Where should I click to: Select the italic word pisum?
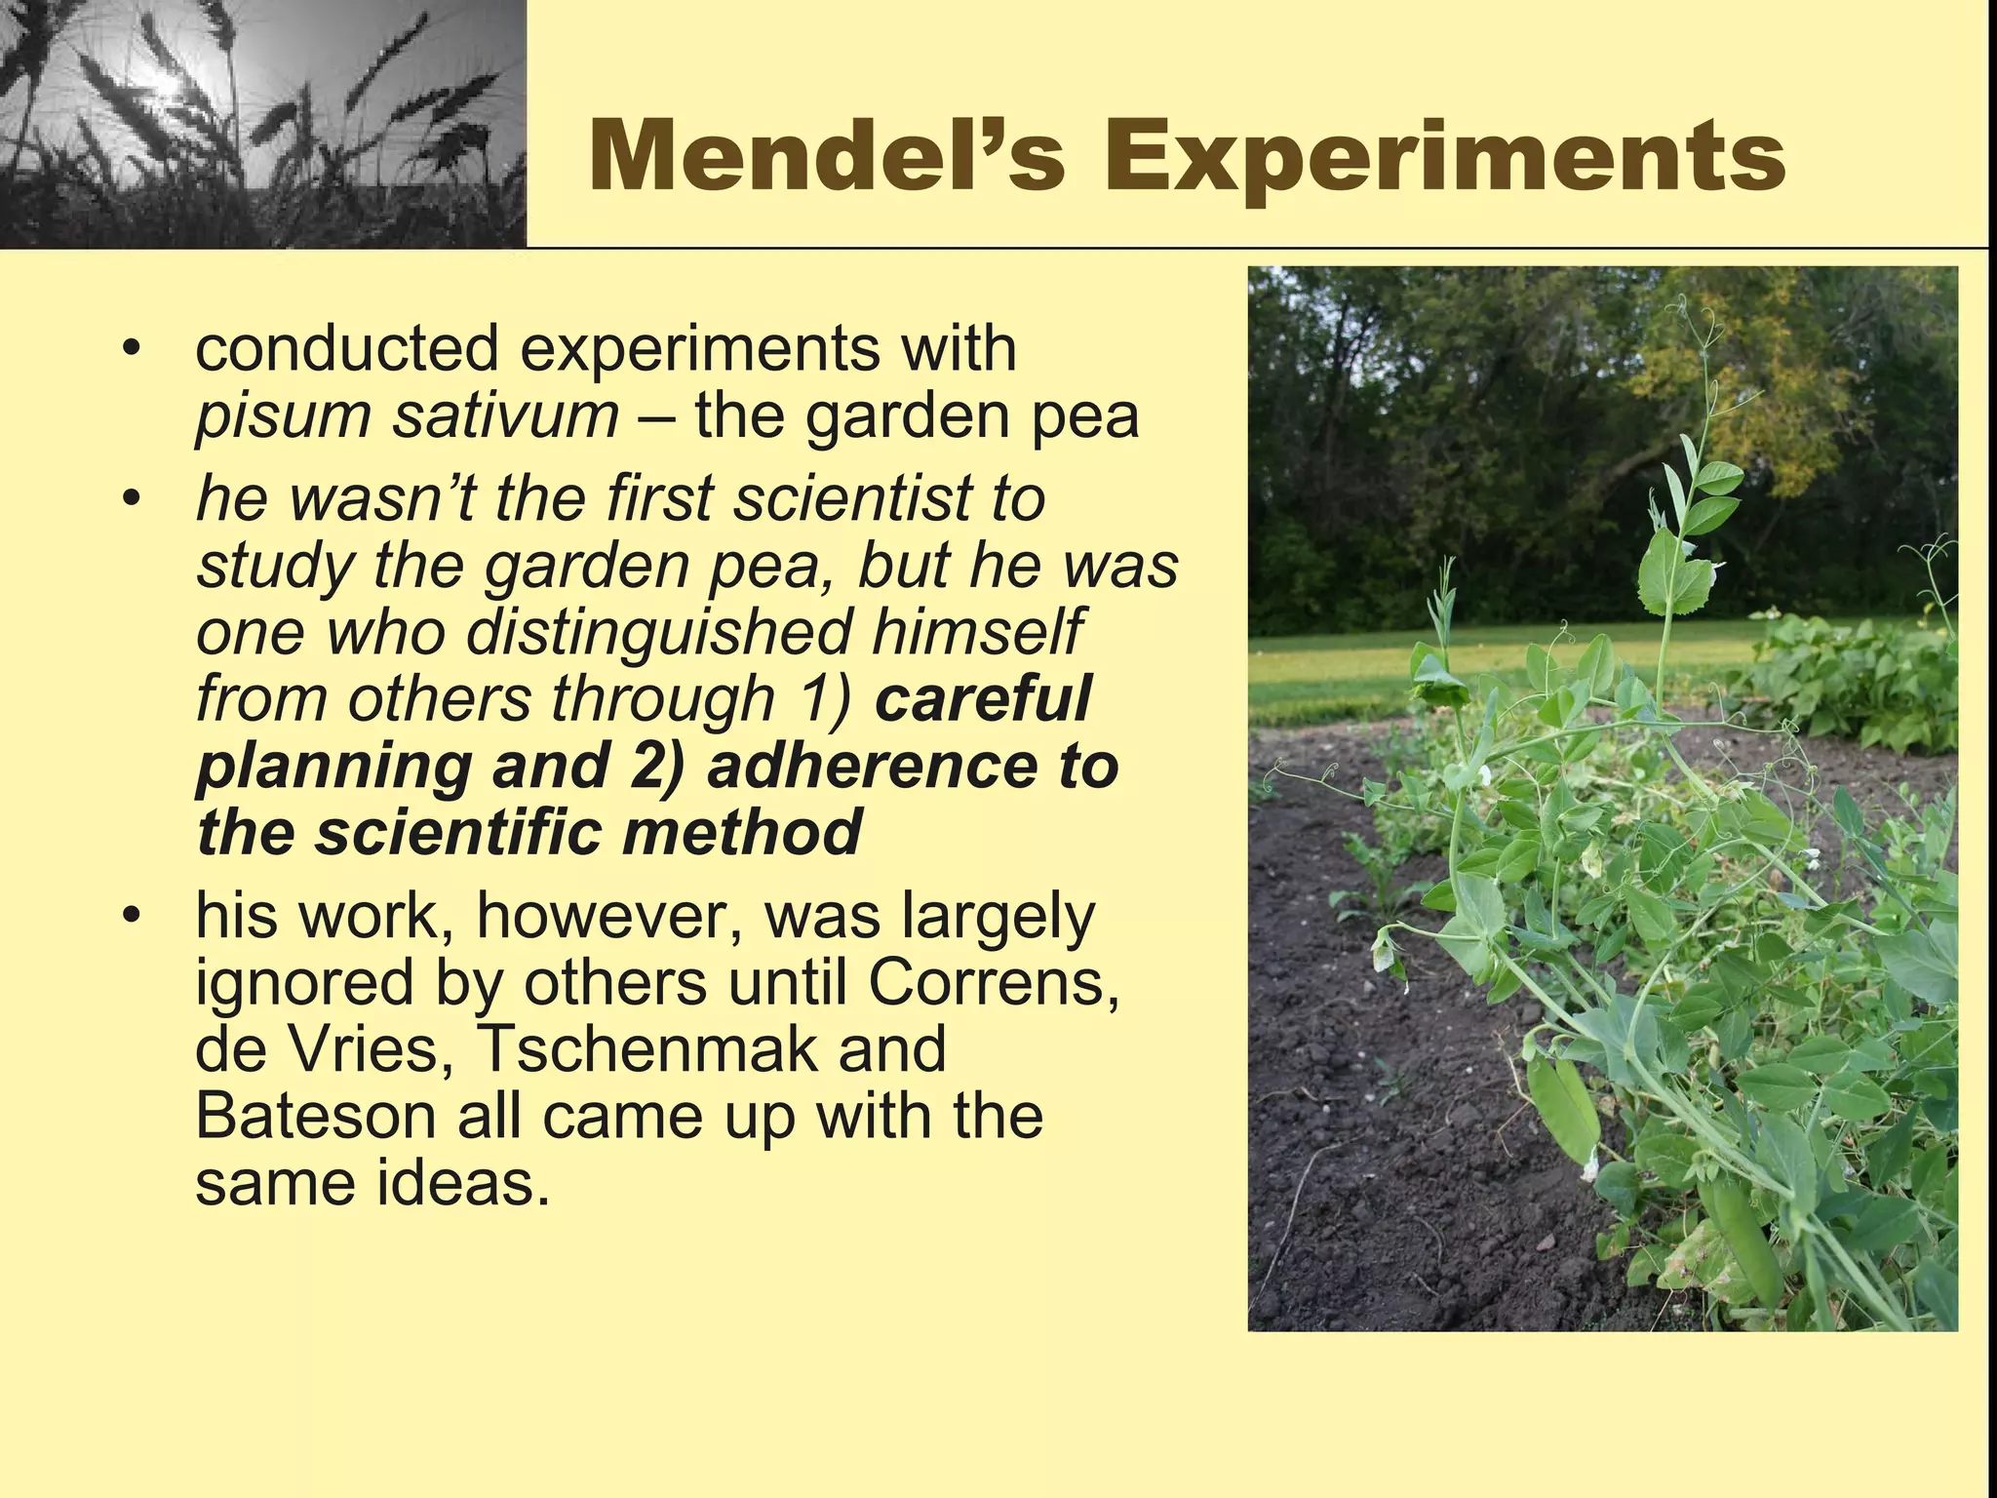pos(283,416)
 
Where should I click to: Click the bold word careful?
pos(982,698)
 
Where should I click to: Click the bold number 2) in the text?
pos(656,767)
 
